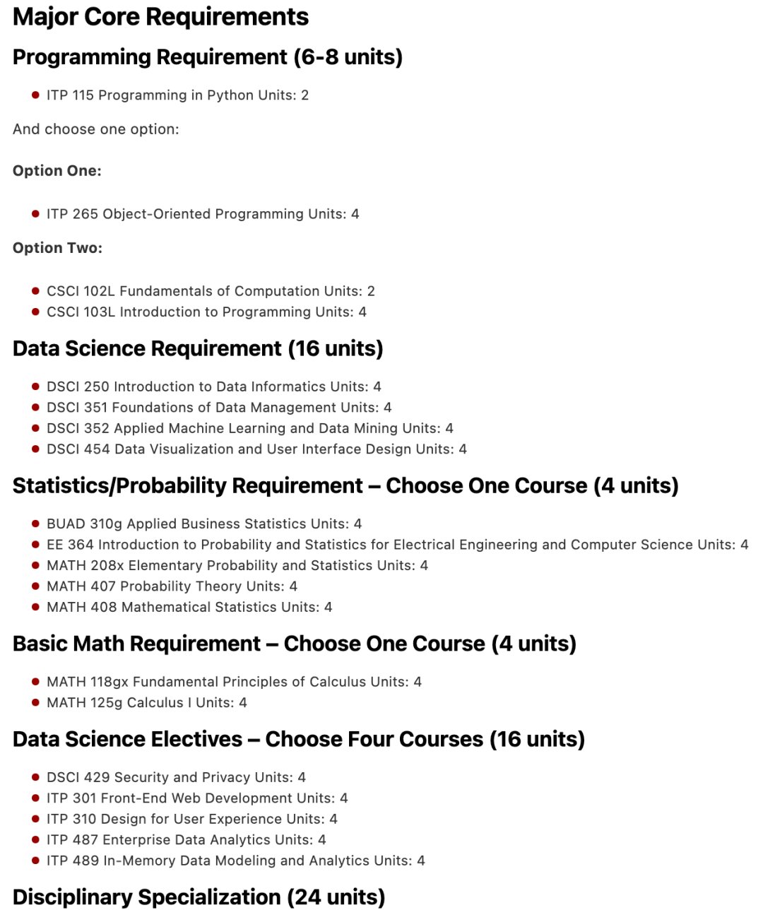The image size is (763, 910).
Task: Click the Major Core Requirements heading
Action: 160,17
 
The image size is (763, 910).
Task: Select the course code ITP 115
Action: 70,95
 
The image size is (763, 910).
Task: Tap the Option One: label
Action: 57,171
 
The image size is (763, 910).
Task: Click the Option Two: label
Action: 57,248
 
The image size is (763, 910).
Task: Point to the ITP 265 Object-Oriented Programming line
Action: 203,214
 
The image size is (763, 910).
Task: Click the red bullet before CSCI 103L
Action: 35,312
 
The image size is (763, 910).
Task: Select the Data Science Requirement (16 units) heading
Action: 198,348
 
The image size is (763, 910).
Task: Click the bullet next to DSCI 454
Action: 35,449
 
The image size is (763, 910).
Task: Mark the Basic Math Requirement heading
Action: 294,644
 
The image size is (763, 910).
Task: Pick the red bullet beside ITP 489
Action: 35,861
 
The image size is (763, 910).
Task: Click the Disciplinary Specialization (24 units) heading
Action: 199,897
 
